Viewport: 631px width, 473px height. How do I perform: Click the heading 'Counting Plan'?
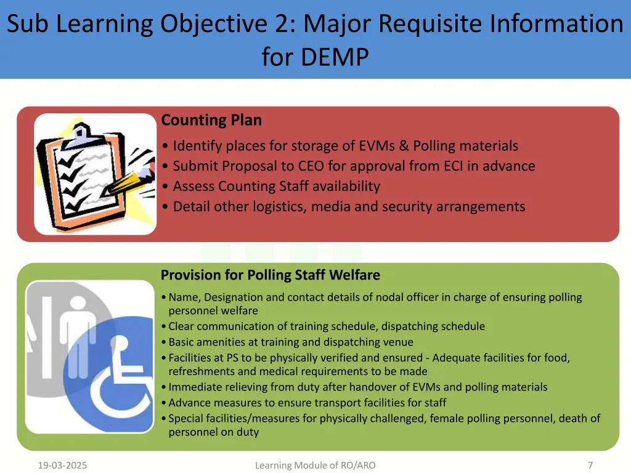(x=211, y=120)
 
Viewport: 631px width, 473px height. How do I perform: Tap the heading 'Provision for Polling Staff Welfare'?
(x=270, y=275)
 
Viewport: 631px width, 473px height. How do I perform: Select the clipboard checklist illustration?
(x=96, y=173)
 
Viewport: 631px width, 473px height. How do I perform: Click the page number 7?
(x=590, y=466)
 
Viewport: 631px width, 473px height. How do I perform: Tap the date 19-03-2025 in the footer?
(x=62, y=466)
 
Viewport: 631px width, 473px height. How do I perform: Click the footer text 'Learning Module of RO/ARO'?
(x=315, y=466)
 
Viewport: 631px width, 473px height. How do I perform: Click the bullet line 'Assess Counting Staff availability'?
(x=276, y=186)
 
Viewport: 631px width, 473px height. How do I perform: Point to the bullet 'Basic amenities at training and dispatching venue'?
(x=291, y=342)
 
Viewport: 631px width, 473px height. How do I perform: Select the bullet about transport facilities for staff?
(x=307, y=403)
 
